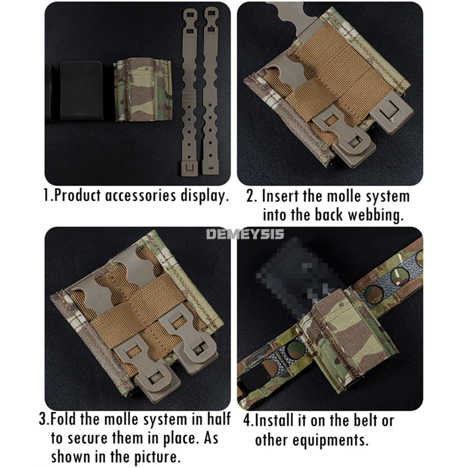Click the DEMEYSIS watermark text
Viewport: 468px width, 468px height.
[x=245, y=233]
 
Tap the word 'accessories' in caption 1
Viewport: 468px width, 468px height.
[x=140, y=196]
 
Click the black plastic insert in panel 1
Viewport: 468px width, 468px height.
[x=81, y=91]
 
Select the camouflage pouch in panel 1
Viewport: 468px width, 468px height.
[x=143, y=90]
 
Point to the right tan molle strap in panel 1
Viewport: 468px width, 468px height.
[x=211, y=91]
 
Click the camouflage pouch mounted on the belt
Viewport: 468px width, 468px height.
[x=346, y=334]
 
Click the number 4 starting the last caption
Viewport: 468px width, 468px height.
[x=247, y=420]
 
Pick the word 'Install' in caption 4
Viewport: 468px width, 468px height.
[x=273, y=420]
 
